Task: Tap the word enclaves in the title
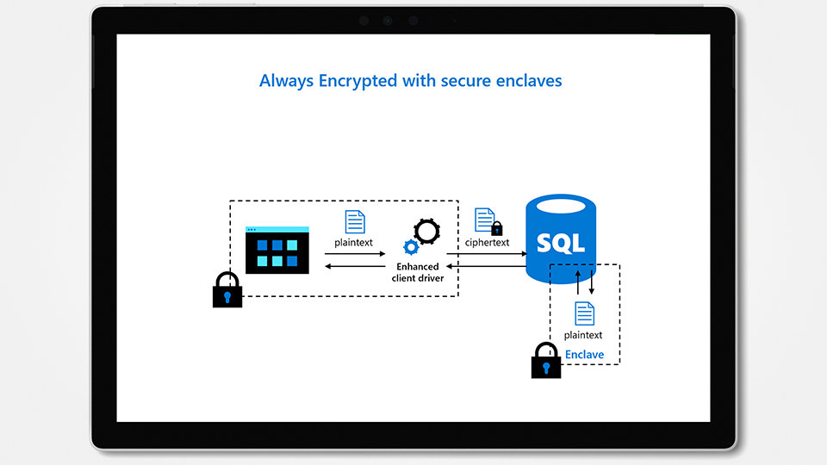(529, 81)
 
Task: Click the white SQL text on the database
(560, 242)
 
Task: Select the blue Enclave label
(584, 355)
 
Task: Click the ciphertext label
(487, 243)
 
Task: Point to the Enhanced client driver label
(417, 272)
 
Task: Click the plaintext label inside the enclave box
(583, 335)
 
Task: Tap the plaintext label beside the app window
(354, 243)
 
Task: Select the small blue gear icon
(411, 248)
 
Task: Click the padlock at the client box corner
(227, 290)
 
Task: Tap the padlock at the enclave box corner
(545, 361)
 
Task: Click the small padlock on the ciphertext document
(496, 228)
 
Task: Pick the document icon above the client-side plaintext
(354, 221)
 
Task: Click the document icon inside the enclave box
(584, 313)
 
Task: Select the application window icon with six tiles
(277, 250)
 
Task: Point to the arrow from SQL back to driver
(491, 266)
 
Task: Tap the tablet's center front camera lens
(388, 21)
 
